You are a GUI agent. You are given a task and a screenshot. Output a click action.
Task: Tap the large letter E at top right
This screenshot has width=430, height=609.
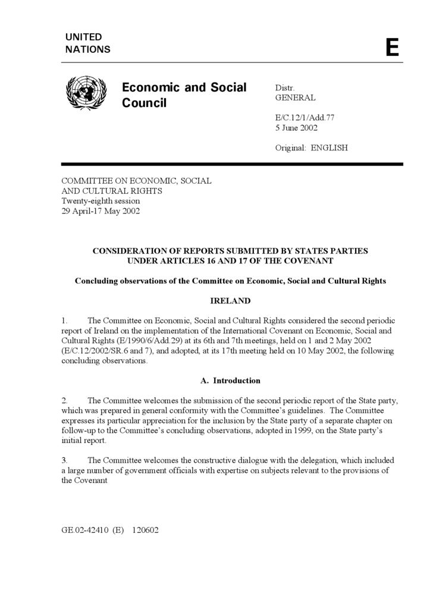click(x=392, y=47)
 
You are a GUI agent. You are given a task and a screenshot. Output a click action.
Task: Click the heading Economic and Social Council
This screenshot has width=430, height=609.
click(x=184, y=95)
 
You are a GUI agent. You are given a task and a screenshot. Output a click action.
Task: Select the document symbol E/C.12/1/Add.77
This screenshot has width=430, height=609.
click(x=305, y=118)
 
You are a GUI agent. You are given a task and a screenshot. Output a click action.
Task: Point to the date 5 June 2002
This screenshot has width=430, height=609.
click(x=296, y=128)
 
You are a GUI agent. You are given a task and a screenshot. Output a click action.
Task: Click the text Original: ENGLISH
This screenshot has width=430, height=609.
click(x=311, y=147)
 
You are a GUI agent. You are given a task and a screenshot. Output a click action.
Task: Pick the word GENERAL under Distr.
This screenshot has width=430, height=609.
click(x=295, y=98)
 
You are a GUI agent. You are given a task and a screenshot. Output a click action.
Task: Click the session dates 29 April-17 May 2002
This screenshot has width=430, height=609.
click(x=101, y=211)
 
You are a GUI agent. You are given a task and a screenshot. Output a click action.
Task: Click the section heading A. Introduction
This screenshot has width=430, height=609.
click(x=230, y=381)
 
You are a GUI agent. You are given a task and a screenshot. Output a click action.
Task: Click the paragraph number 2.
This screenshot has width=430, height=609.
click(x=65, y=401)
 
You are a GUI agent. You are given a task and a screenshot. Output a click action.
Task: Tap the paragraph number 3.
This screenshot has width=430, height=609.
click(x=65, y=460)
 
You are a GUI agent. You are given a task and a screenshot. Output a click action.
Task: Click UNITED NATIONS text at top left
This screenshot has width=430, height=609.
click(x=88, y=43)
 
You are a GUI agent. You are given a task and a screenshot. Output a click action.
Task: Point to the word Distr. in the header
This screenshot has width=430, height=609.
click(x=285, y=87)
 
